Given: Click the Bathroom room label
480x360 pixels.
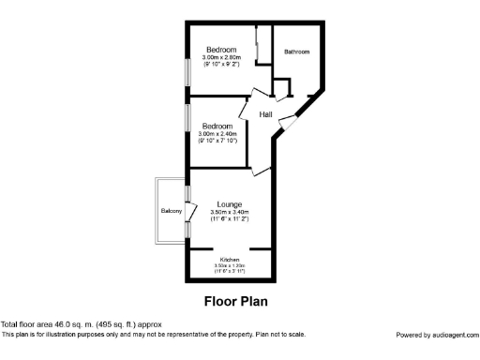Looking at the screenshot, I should [x=296, y=52].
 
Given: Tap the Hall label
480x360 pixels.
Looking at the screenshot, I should [x=266, y=114].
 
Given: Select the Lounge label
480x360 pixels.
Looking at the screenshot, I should [x=230, y=204].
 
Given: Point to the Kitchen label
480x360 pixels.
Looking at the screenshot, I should [x=230, y=260].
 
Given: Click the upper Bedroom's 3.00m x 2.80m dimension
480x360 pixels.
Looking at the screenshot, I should [x=221, y=57].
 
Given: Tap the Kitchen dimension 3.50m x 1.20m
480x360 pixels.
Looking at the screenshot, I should [x=230, y=266].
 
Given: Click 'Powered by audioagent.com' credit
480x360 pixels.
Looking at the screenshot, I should [x=436, y=335].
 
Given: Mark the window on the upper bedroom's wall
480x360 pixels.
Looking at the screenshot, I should [x=187, y=71].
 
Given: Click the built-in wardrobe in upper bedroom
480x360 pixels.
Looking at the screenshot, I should [x=258, y=47].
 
